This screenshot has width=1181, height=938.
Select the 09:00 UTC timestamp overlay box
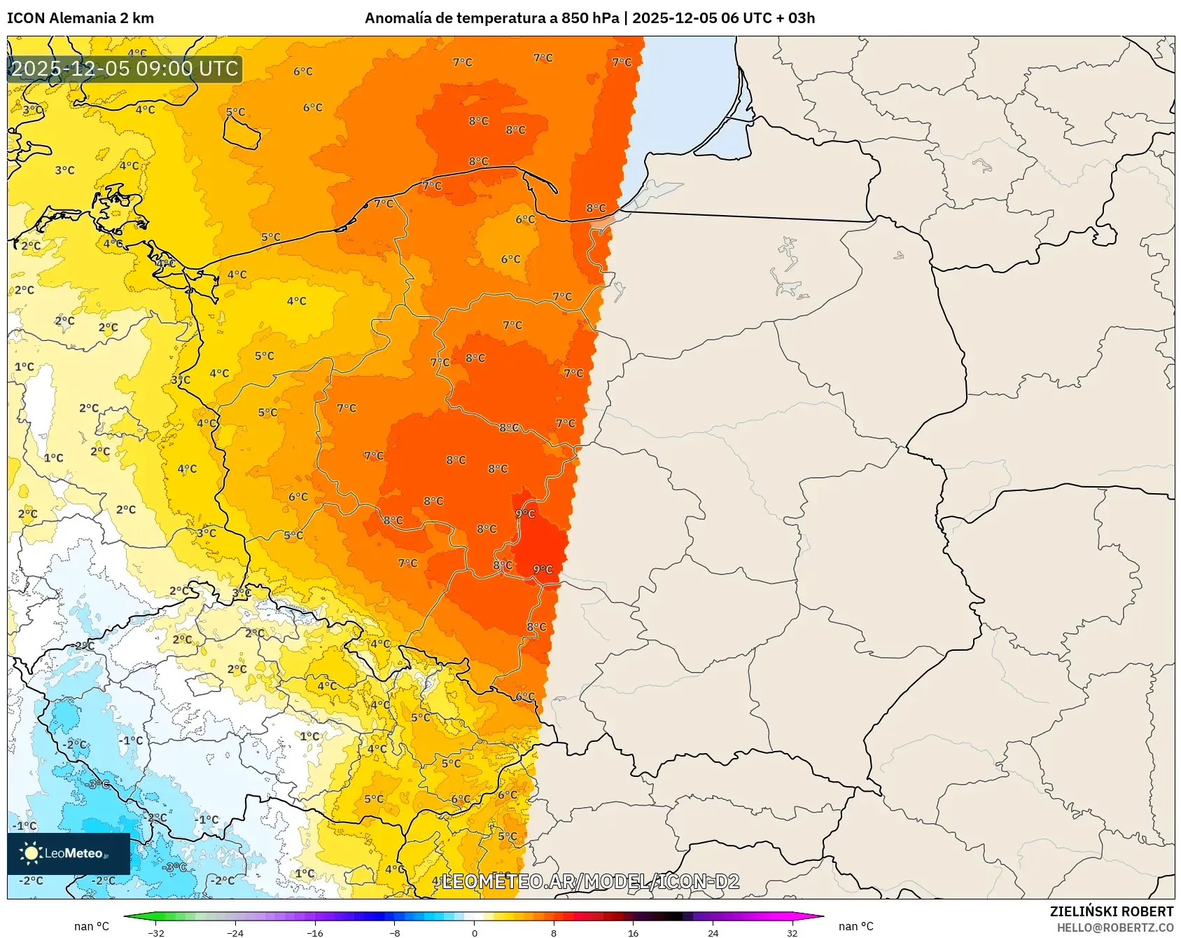tap(125, 69)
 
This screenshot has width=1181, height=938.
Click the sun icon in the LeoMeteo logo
tap(30, 853)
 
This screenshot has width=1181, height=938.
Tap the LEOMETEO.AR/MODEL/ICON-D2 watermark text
tap(590, 881)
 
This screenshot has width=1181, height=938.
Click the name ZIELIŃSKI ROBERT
tap(1111, 911)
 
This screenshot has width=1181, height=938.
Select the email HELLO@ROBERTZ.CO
tap(1114, 927)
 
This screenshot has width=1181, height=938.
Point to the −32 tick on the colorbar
tap(157, 932)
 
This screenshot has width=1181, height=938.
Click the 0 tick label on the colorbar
tap(474, 932)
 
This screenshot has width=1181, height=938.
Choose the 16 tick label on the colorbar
tap(633, 932)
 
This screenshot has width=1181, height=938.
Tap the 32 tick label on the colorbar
tap(792, 932)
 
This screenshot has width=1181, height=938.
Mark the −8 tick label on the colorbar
tap(395, 932)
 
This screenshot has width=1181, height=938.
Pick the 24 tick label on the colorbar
tap(713, 932)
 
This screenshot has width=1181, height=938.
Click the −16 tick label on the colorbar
tap(315, 932)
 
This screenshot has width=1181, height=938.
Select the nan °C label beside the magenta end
tap(855, 926)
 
